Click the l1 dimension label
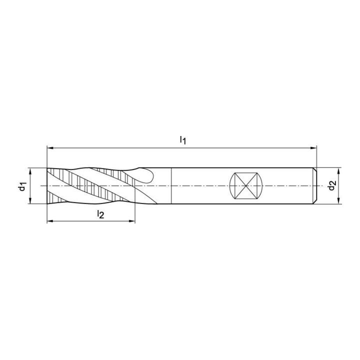tap(183, 140)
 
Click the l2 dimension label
tap(100, 214)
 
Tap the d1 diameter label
tap(22, 185)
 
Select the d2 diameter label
tap(332, 185)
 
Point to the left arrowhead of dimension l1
tap(50, 148)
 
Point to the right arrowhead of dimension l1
tap(313, 148)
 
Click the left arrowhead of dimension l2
tap(50, 221)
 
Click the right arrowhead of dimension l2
tap(132, 221)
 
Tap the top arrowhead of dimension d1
tap(30, 171)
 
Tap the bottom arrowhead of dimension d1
tap(30, 200)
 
